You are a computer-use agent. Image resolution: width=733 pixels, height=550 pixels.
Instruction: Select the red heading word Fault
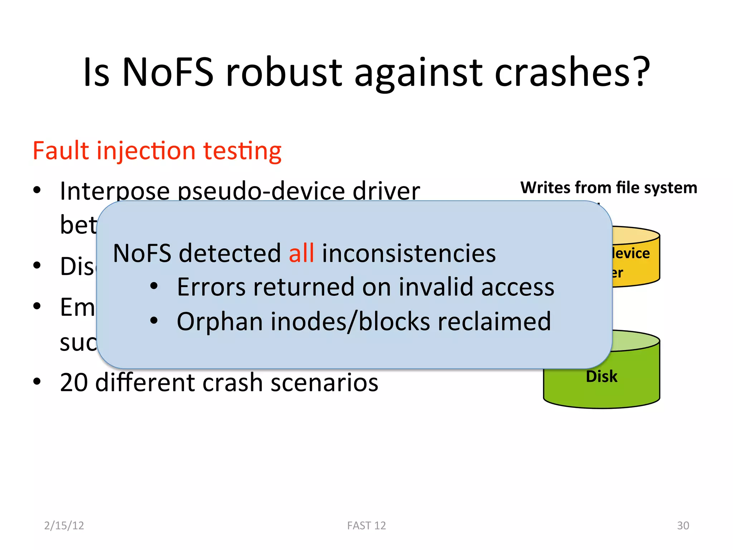(60, 151)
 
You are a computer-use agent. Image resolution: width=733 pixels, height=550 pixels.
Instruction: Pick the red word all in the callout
(301, 253)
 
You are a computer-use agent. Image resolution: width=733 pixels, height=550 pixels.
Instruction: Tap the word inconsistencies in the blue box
(409, 253)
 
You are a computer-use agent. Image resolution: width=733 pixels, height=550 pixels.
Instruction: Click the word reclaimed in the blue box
(494, 321)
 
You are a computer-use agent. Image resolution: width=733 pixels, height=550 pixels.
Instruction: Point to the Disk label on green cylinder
(602, 377)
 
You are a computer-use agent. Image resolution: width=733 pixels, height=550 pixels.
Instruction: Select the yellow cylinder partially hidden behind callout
(637, 261)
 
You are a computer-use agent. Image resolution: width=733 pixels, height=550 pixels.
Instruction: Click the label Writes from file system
(608, 188)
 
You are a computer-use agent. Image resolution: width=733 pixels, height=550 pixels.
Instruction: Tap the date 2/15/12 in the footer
(64, 525)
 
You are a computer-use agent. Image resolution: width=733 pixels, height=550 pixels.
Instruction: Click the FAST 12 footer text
(366, 525)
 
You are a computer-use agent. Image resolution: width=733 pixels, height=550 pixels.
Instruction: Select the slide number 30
(683, 525)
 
